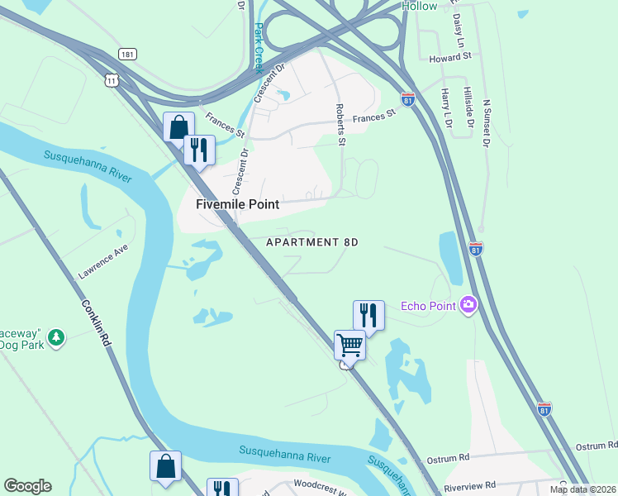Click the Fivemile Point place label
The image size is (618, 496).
point(237,203)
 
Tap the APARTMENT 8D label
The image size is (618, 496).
point(312,242)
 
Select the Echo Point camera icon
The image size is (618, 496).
point(469,306)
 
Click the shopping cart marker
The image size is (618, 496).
point(349,345)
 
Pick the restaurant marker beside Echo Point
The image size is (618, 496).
point(368,315)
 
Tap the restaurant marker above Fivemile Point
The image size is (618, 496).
point(199,150)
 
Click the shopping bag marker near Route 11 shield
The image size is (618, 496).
point(178,127)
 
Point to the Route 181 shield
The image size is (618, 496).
point(126,54)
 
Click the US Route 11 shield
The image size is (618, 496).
point(112,79)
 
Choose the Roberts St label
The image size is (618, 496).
point(340,124)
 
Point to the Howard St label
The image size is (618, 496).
point(450,57)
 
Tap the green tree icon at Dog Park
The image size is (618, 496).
point(55,337)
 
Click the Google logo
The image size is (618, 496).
point(27,486)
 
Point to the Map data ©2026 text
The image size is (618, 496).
point(582,489)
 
